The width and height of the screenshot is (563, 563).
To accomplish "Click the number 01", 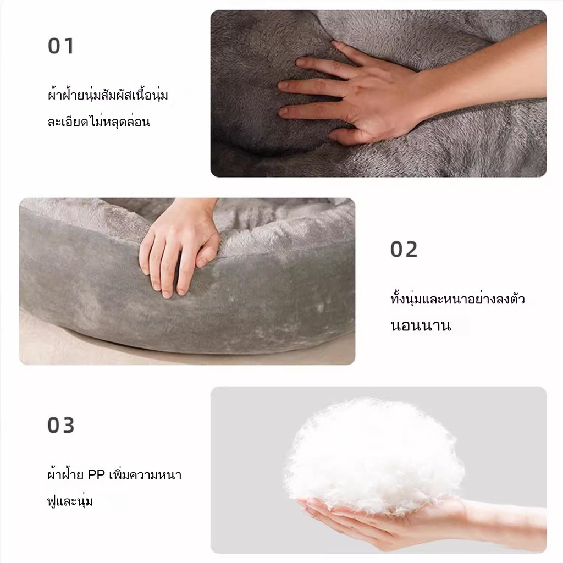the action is point(60,46).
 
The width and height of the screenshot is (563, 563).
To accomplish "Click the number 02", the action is point(404,249).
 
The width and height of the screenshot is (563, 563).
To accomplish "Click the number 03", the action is point(60,425).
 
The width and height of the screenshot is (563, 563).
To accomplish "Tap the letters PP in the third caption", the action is point(96,475).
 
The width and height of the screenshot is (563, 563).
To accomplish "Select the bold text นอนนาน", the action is point(421,325).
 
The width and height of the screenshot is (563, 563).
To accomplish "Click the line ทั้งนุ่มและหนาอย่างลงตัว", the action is point(457,299).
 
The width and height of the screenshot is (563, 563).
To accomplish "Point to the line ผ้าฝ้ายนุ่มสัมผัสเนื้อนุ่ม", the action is point(108,95).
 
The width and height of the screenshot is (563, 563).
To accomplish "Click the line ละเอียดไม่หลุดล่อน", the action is point(99,122).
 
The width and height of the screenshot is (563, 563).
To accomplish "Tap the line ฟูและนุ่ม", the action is point(70,500).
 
